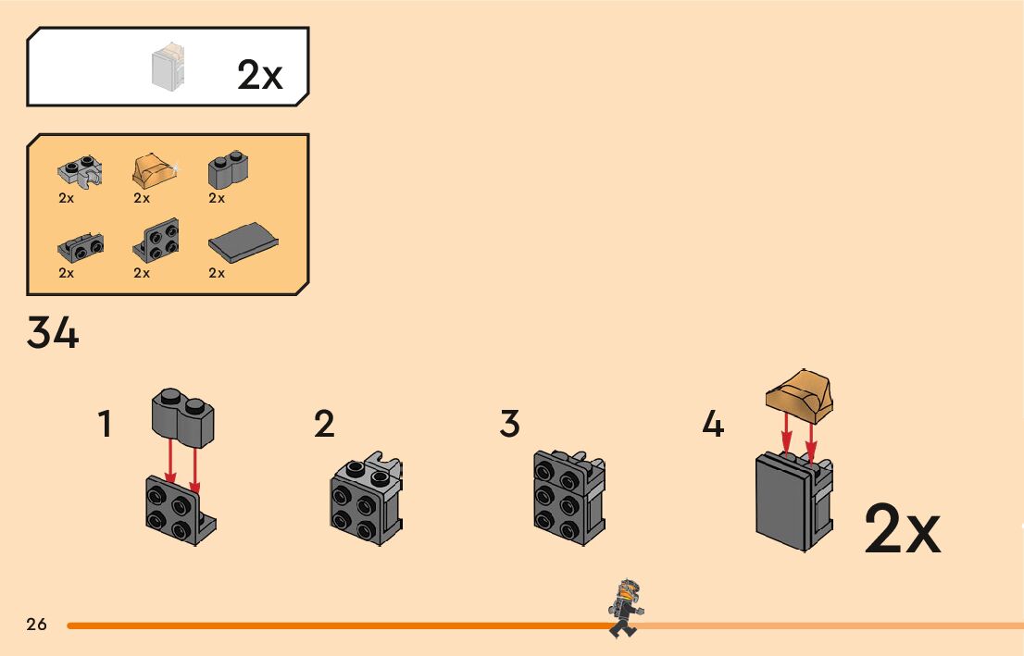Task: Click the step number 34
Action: pos(53,333)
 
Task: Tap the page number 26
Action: pos(37,624)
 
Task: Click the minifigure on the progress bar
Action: pos(624,607)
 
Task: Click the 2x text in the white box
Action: pos(259,75)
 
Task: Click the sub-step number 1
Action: pos(106,425)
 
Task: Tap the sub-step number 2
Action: pos(323,424)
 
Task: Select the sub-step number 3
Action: pos(509,424)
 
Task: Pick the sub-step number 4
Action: pos(712,425)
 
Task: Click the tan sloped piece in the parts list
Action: pos(154,171)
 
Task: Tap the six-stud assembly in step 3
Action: pos(568,497)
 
